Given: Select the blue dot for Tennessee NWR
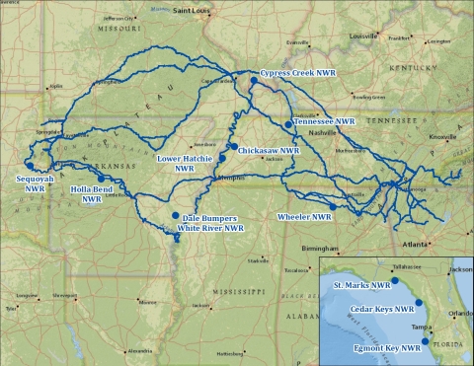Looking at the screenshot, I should click(288, 124).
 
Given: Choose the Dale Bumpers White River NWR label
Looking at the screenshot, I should click(210, 222).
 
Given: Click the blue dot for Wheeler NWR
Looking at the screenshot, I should click(334, 207).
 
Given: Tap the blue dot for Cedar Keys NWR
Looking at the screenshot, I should click(419, 303).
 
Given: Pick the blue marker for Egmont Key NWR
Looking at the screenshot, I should click(425, 341).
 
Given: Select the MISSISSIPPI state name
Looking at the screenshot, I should click(234, 292).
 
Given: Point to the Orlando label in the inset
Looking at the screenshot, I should click(459, 314).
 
